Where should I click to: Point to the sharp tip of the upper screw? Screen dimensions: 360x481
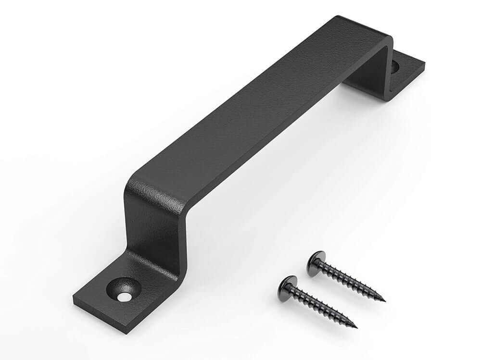point(384,301)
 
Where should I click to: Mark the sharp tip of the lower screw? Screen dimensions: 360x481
point(356,327)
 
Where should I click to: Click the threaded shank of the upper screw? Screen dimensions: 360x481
point(351,281)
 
